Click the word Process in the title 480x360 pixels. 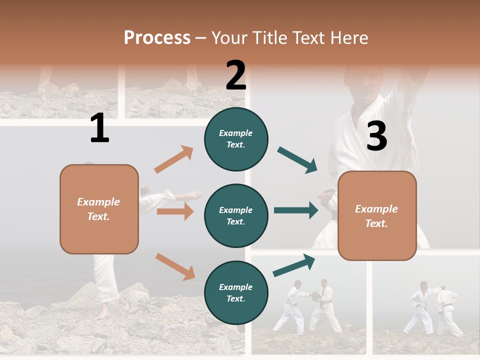(x=157, y=38)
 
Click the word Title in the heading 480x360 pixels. (x=269, y=38)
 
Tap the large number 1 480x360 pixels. (x=99, y=128)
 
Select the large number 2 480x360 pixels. (x=236, y=75)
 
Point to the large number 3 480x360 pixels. (x=376, y=136)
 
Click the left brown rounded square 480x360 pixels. (x=99, y=209)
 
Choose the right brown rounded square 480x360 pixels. (x=377, y=215)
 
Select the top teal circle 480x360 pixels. (x=236, y=139)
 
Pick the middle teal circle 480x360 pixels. (x=236, y=215)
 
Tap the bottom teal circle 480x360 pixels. (x=236, y=292)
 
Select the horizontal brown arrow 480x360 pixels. (x=175, y=211)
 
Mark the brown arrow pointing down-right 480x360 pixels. (x=175, y=266)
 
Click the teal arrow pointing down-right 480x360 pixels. (x=297, y=160)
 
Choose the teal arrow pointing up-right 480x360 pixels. (x=294, y=265)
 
